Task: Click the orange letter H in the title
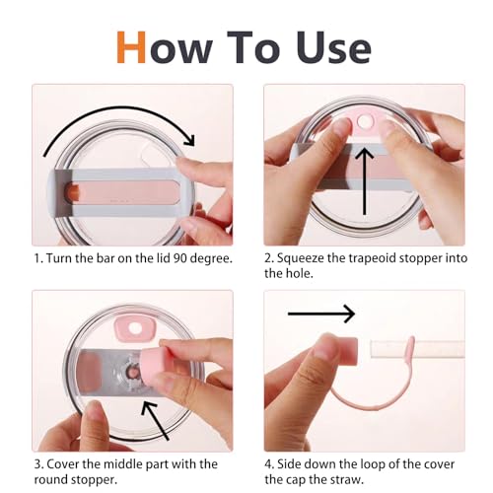point(131,46)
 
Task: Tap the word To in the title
point(253,46)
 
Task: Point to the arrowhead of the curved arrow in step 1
point(190,140)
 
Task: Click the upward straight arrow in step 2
point(364,181)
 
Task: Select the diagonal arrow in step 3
point(155,421)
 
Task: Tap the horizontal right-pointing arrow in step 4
point(321,314)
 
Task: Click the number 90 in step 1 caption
point(180,258)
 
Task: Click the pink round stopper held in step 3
point(155,363)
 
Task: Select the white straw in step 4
point(417,349)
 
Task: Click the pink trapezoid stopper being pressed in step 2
point(364,123)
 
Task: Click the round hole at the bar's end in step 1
point(72,192)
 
